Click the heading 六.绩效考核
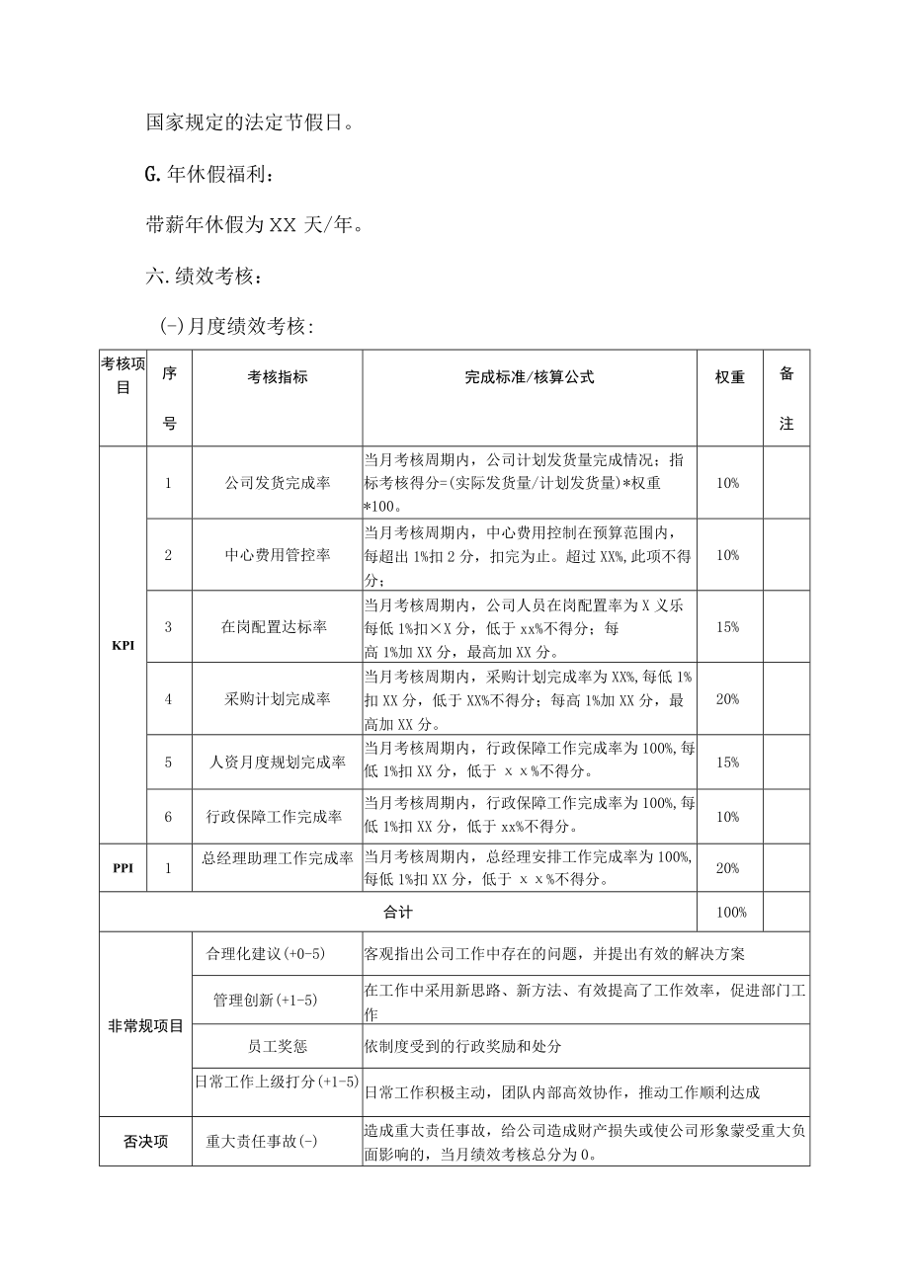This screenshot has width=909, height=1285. [205, 277]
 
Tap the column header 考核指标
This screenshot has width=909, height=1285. [277, 377]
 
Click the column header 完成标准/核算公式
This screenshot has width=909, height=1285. [530, 377]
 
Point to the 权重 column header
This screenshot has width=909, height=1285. [730, 377]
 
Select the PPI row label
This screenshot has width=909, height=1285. [123, 868]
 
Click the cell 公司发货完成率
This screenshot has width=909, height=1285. [277, 483]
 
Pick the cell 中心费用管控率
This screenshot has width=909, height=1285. [277, 555]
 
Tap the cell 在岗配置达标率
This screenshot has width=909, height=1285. [277, 627]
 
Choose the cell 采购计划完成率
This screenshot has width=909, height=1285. [277, 699]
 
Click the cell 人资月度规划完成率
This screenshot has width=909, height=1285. [277, 763]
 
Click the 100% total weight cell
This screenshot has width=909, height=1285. [730, 913]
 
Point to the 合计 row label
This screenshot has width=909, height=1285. [398, 913]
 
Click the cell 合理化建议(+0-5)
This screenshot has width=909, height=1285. [266, 954]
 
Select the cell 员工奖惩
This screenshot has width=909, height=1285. [277, 1045]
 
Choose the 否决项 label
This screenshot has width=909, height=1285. [145, 1142]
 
